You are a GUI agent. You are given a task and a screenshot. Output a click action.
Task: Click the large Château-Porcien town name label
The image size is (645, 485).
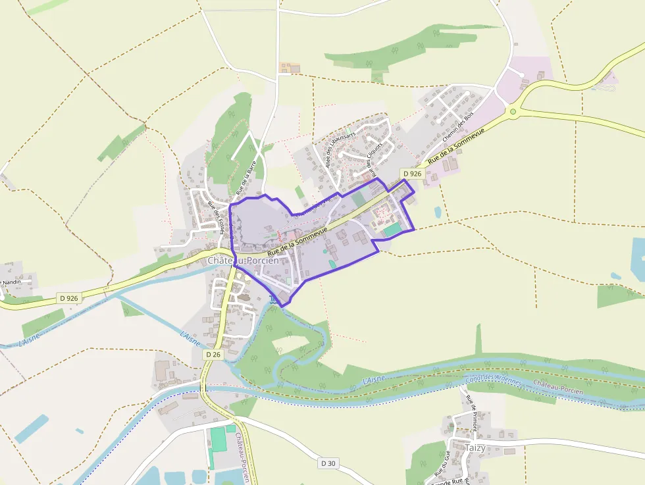[x=243, y=261]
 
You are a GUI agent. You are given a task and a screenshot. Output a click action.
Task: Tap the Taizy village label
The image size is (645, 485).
[x=475, y=447]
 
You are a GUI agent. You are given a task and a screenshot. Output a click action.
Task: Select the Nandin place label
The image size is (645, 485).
[x=12, y=282]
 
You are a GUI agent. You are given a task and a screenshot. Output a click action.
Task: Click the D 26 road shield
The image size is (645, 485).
[x=213, y=355]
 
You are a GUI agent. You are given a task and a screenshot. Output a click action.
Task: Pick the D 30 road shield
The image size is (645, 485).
[x=328, y=463]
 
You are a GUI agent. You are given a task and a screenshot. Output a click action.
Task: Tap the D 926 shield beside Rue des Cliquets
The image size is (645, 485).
[x=411, y=174]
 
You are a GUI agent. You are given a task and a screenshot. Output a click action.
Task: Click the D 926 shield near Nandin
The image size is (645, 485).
[x=68, y=298]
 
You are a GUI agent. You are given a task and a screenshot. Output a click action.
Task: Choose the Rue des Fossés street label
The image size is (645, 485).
[x=216, y=215]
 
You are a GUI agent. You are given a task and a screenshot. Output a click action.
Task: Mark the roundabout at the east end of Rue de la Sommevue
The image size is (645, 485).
[x=513, y=111]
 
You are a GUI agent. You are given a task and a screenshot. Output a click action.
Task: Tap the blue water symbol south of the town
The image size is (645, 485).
[x=273, y=300]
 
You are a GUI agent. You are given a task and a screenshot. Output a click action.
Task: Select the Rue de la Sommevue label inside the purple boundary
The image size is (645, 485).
[x=298, y=240]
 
